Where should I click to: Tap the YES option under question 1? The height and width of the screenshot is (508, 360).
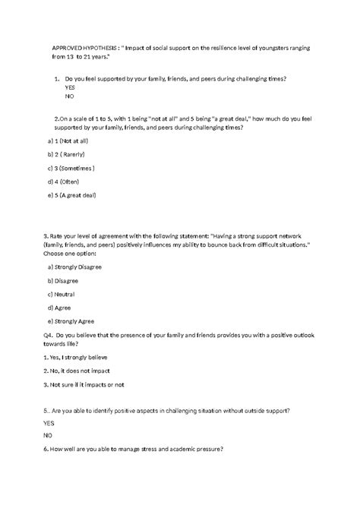pyautogui.click(x=70, y=88)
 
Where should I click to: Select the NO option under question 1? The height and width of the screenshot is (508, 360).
pyautogui.click(x=70, y=97)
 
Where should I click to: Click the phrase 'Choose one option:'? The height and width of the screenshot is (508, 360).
pyautogui.click(x=69, y=255)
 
